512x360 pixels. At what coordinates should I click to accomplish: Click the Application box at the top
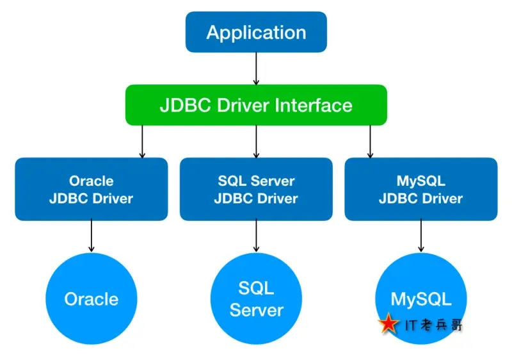click(256, 33)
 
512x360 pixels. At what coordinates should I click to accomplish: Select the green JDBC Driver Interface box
click(256, 104)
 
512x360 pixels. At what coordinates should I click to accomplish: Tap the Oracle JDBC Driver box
click(91, 190)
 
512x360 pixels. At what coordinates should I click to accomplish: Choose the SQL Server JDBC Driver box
click(256, 190)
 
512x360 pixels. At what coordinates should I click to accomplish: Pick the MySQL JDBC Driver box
click(420, 190)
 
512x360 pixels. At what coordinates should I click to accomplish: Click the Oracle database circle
click(91, 299)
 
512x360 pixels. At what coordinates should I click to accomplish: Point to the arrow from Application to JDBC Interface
click(256, 69)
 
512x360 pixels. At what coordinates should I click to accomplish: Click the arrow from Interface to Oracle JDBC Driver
click(142, 142)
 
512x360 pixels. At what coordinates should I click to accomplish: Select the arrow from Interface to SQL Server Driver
click(256, 142)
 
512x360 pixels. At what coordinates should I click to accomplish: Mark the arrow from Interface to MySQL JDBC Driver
click(370, 142)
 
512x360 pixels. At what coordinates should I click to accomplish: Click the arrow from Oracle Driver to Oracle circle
click(91, 236)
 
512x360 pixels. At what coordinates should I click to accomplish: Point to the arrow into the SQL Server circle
click(256, 236)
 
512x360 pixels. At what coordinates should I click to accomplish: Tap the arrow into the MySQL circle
click(420, 236)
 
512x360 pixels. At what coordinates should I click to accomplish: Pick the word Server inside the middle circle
click(256, 311)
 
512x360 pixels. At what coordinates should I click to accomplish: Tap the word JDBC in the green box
click(180, 104)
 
